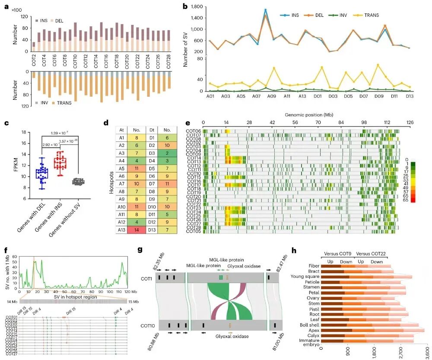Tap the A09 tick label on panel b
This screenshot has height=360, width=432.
[272, 95]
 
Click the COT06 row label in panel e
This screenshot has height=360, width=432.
[193, 131]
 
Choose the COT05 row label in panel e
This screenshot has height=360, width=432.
[193, 231]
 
